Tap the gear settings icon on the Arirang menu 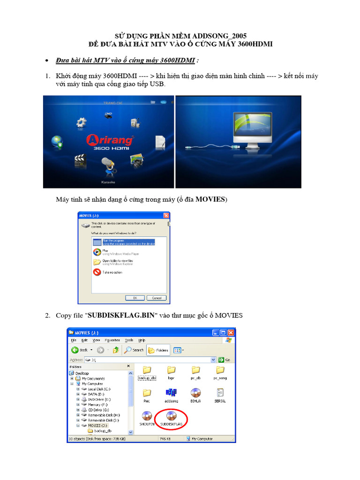pyautogui.click(x=82, y=123)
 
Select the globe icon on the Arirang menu pyautogui.click(x=57, y=142)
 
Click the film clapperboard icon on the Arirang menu pyautogui.click(x=80, y=161)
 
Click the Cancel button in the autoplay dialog pyautogui.click(x=156, y=298)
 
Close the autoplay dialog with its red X pyautogui.click(x=165, y=216)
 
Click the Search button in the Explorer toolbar pyautogui.click(x=134, y=350)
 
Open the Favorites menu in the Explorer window pyautogui.click(x=112, y=340)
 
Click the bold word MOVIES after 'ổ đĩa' pyautogui.click(x=210, y=200)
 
